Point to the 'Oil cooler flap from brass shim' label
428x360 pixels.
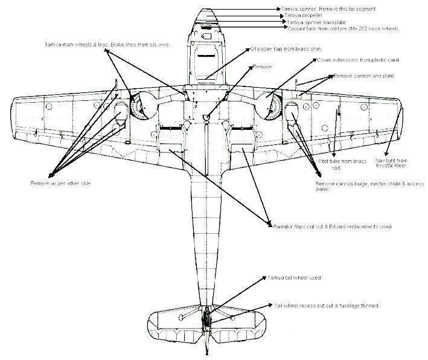[x=279, y=49]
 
